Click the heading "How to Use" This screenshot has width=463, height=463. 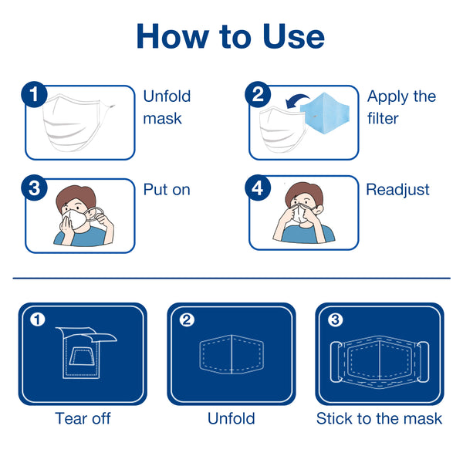click(231, 36)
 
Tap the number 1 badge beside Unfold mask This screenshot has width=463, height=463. click(34, 94)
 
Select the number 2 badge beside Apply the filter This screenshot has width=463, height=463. click(258, 94)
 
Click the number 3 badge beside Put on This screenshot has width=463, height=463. click(34, 188)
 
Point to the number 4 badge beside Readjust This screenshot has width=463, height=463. click(258, 188)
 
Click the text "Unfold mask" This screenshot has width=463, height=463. click(167, 107)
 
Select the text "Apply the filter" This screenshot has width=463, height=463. click(401, 107)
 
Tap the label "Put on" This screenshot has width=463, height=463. click(167, 190)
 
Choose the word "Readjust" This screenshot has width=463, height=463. click(397, 190)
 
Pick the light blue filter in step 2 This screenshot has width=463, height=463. click(325, 113)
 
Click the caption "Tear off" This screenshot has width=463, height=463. click(83, 418)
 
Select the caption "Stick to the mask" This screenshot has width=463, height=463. click(379, 418)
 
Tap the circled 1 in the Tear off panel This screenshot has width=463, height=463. click(38, 319)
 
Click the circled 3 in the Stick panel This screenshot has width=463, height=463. click(336, 319)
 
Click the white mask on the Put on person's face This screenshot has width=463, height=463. click(75, 218)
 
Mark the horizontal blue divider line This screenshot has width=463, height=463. click(231, 278)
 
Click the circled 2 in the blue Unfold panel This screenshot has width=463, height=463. click(187, 319)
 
